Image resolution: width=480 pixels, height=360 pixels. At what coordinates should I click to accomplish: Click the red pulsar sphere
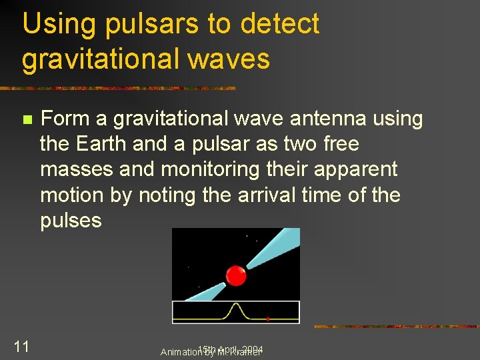pyautogui.click(x=236, y=275)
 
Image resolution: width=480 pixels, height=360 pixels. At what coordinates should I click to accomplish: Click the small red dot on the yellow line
pyautogui.click(x=267, y=319)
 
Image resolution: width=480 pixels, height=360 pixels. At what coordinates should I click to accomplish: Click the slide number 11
pyautogui.click(x=21, y=346)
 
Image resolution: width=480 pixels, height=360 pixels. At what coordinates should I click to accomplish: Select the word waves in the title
pyautogui.click(x=229, y=59)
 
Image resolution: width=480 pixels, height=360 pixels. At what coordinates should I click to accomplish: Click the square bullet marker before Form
pyautogui.click(x=27, y=120)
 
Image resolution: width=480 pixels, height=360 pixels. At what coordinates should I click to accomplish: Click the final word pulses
pyautogui.click(x=71, y=221)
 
